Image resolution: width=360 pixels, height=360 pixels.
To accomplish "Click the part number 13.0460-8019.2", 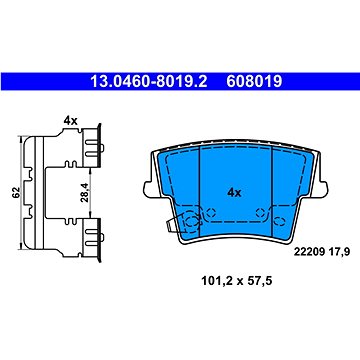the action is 149,81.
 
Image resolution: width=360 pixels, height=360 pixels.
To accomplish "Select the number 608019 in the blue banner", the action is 254,81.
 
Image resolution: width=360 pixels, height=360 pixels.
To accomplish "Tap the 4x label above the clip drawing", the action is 71,121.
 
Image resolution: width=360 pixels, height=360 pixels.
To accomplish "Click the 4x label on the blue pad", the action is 234,192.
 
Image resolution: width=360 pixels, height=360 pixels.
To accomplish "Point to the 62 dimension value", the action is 16,192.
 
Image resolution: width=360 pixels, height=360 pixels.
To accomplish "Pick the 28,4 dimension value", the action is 85,192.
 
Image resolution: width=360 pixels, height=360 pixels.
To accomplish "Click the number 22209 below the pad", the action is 309,252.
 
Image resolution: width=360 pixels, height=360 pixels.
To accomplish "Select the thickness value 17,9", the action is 339,252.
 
